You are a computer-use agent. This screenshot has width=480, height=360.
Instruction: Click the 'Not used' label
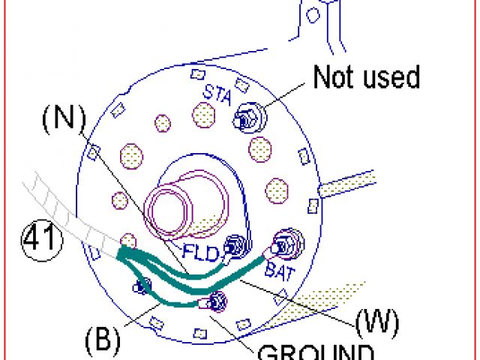366,77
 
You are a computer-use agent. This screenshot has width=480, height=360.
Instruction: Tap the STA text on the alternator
217,93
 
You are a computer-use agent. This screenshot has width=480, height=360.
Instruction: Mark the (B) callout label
102,338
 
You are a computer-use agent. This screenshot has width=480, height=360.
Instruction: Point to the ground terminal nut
217,301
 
